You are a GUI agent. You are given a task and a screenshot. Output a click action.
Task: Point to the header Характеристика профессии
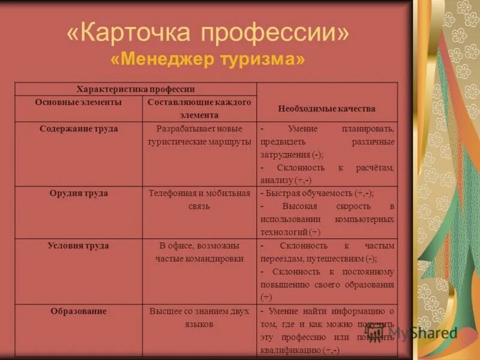[x=136, y=89]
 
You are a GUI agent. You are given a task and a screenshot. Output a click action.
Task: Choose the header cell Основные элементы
[x=78, y=103]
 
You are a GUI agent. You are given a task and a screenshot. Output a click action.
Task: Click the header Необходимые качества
[x=326, y=109]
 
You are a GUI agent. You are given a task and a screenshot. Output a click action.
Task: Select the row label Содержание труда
[x=78, y=129]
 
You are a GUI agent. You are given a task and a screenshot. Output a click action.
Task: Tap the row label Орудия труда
[x=78, y=194]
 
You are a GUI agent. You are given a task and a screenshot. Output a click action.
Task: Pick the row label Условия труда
[x=78, y=246]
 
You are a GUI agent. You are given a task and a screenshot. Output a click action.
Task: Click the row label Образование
[x=78, y=311]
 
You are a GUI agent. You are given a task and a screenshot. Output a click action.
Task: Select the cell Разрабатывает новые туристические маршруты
[x=199, y=136]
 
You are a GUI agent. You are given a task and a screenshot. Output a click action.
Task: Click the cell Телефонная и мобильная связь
[x=199, y=200]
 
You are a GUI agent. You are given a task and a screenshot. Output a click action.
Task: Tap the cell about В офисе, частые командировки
[x=199, y=253]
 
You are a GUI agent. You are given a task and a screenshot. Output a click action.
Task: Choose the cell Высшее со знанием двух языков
[x=199, y=317]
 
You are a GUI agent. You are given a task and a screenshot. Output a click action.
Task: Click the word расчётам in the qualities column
[x=375, y=168]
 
